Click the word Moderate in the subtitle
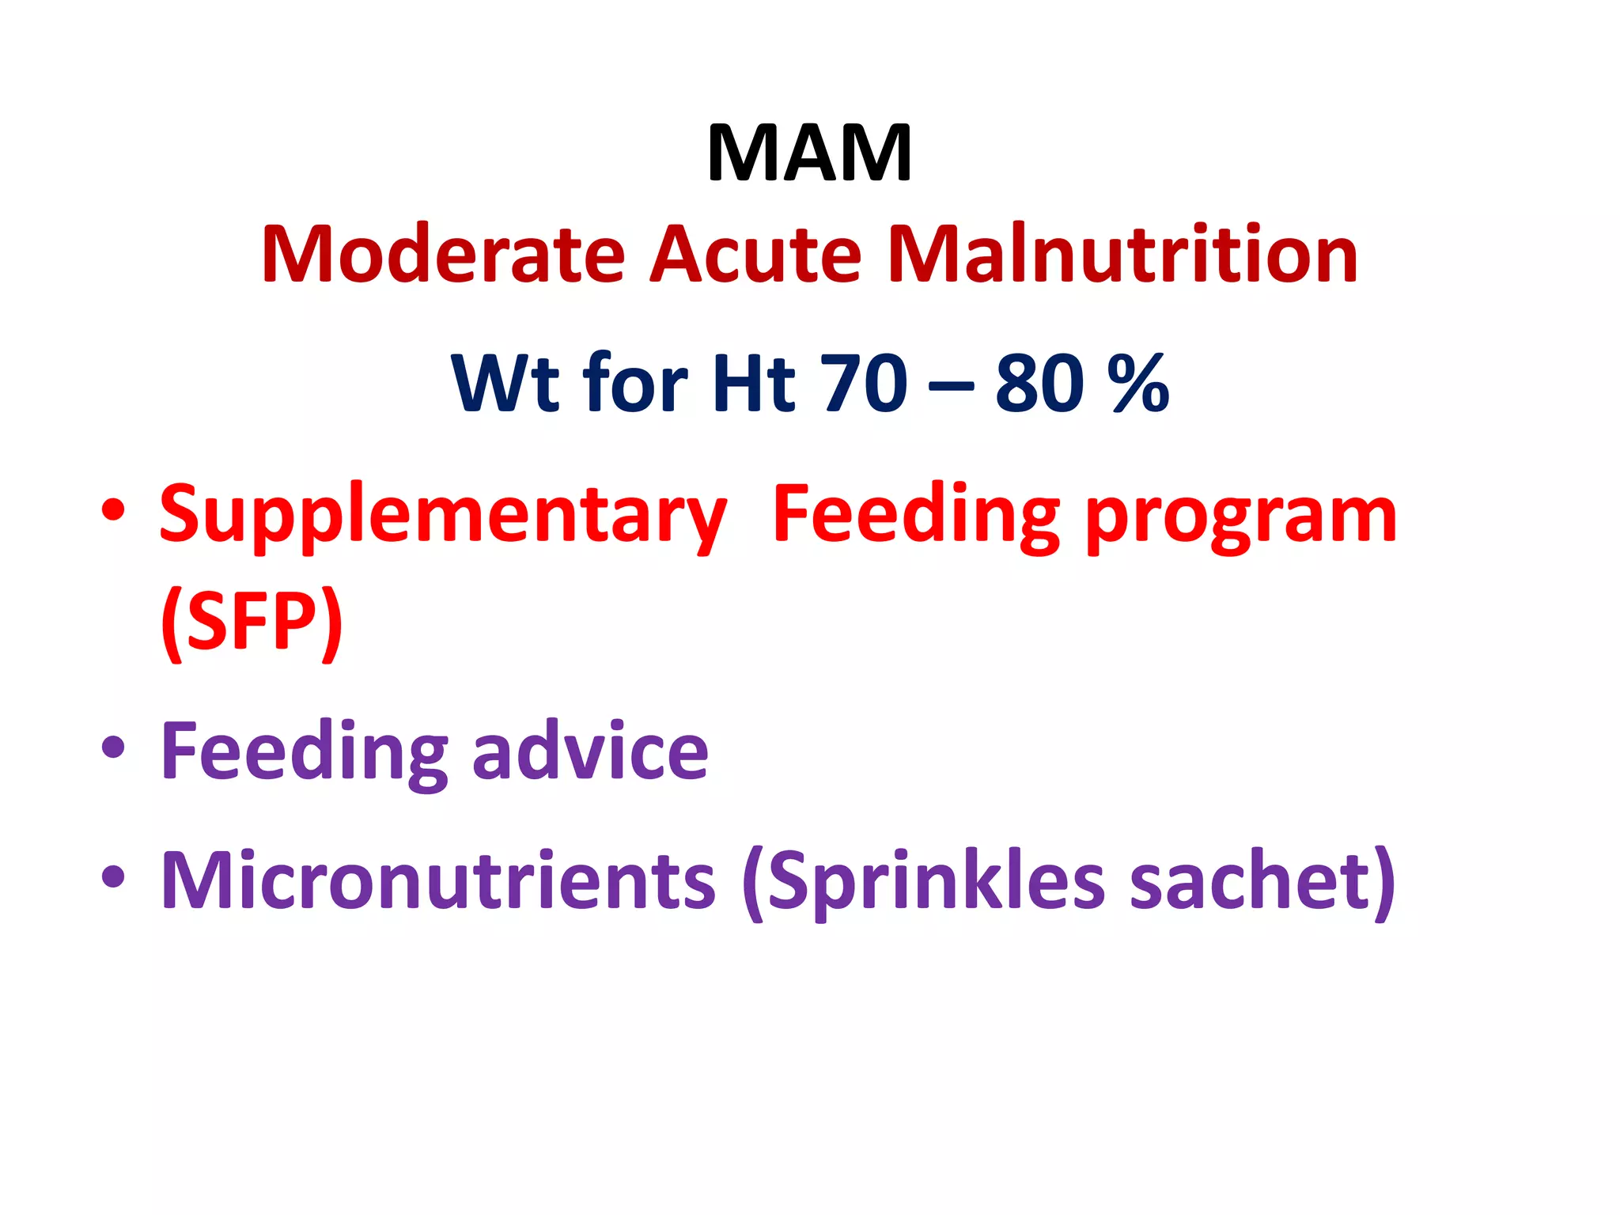pyautogui.click(x=444, y=255)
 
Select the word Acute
pyautogui.click(x=755, y=255)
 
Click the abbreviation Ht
pyautogui.click(x=754, y=384)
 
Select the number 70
pyautogui.click(x=864, y=384)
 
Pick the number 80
pyautogui.click(x=1039, y=384)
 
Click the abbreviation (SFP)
pyautogui.click(x=252, y=623)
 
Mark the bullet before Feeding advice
pyautogui.click(x=113, y=747)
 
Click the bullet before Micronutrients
pyautogui.click(x=113, y=876)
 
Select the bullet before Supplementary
pyautogui.click(x=113, y=510)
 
